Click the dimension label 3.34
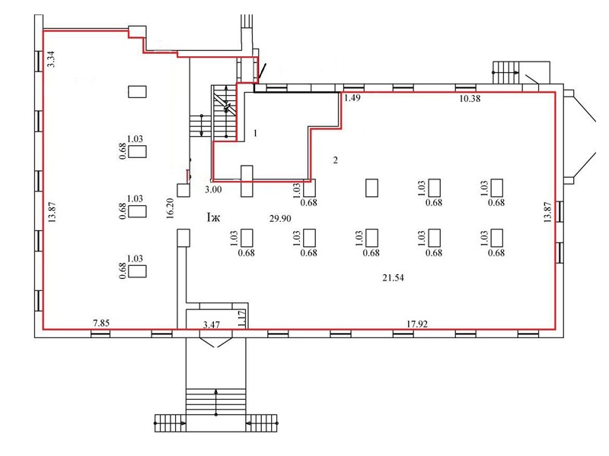tap(51, 59)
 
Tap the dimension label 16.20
tap(171, 208)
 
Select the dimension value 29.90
tap(281, 218)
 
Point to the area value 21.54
tap(392, 278)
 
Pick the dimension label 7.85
tap(101, 324)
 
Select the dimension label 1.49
tap(352, 98)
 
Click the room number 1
tap(256, 133)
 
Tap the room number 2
tap(335, 160)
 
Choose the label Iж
tap(213, 218)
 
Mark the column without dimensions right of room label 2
tap(372, 187)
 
